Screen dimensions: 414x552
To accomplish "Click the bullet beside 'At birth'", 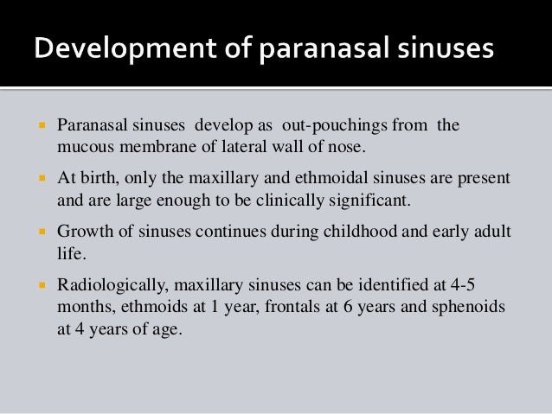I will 41,179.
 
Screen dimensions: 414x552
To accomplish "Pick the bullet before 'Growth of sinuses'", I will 41,232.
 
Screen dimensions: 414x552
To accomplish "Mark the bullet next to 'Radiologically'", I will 41,284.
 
